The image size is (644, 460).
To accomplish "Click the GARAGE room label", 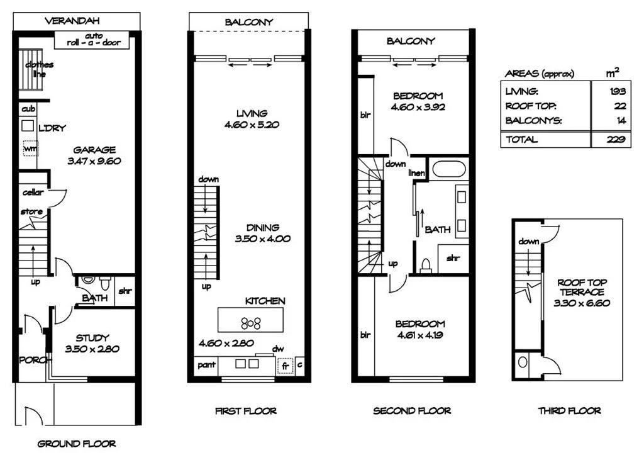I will pos(94,155).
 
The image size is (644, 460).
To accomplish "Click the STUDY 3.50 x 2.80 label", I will pos(92,343).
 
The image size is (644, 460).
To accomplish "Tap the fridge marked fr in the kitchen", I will pos(285,365).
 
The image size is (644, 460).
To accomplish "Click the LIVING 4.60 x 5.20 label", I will pos(252,119).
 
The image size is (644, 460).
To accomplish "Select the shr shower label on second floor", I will pos(452,259).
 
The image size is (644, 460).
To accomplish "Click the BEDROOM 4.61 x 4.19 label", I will pos(419,329).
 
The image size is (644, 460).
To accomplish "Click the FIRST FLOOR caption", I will pos(246,411).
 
